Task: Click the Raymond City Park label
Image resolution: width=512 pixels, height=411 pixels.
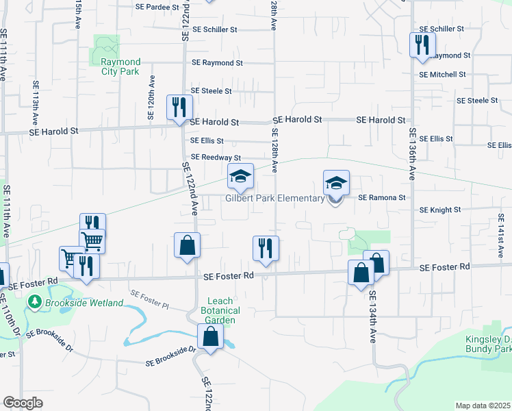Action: pyautogui.click(x=116, y=66)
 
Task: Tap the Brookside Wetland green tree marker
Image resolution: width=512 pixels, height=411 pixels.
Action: pyautogui.click(x=34, y=301)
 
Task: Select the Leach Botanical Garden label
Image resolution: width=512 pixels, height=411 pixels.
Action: pyautogui.click(x=221, y=310)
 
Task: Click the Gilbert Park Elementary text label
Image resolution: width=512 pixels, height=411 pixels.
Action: pyautogui.click(x=275, y=199)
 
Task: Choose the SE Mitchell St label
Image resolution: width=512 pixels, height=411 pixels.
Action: pyautogui.click(x=442, y=74)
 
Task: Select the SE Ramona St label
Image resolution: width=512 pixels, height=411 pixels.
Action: pyautogui.click(x=382, y=197)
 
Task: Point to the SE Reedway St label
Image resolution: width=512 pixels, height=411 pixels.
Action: pyautogui.click(x=216, y=157)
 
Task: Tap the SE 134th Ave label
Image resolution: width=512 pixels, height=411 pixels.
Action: pyautogui.click(x=374, y=317)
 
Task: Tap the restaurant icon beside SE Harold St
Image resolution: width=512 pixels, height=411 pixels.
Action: pyautogui.click(x=179, y=108)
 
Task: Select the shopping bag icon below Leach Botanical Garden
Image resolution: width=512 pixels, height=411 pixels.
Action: pyautogui.click(x=210, y=337)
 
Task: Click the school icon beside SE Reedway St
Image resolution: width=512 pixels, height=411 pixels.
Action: pyautogui.click(x=240, y=177)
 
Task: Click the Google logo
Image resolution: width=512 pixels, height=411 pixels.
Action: pyautogui.click(x=23, y=403)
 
